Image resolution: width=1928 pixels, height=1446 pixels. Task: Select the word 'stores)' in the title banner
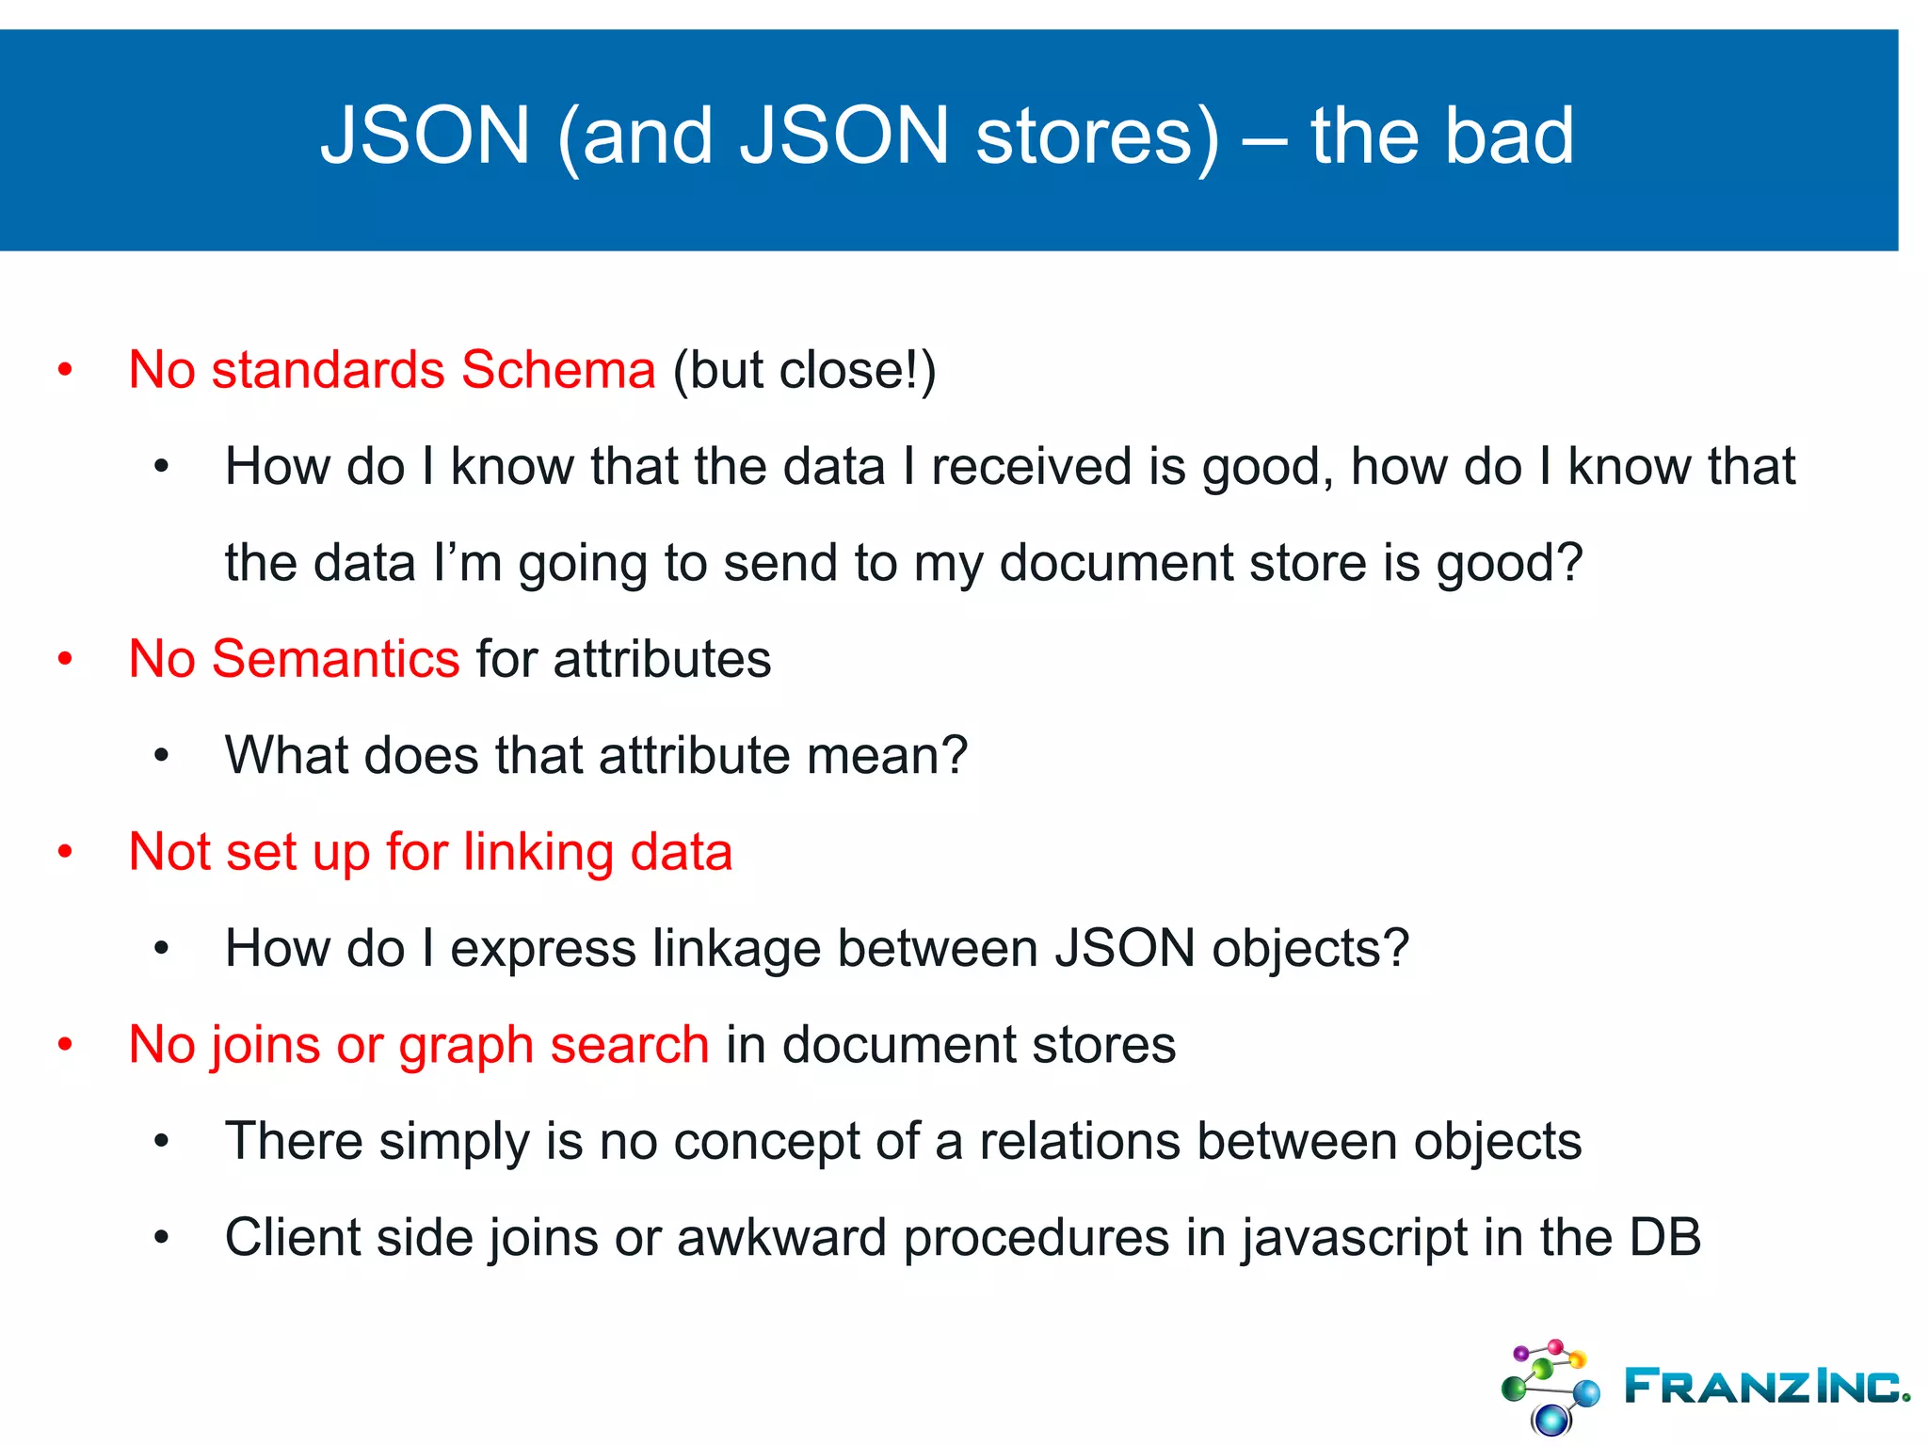coord(1098,137)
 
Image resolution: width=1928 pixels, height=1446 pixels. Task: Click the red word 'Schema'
coord(558,369)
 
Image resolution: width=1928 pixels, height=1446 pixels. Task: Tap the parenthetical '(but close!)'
coord(804,370)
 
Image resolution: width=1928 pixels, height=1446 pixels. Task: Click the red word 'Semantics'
coord(336,658)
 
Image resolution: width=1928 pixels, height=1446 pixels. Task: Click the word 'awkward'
coord(781,1238)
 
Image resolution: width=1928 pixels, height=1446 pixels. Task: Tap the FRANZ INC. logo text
coord(1765,1386)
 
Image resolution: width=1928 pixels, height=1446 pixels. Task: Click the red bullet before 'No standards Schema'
coord(65,370)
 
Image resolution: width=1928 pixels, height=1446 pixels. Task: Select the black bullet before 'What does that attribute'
coord(161,756)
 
